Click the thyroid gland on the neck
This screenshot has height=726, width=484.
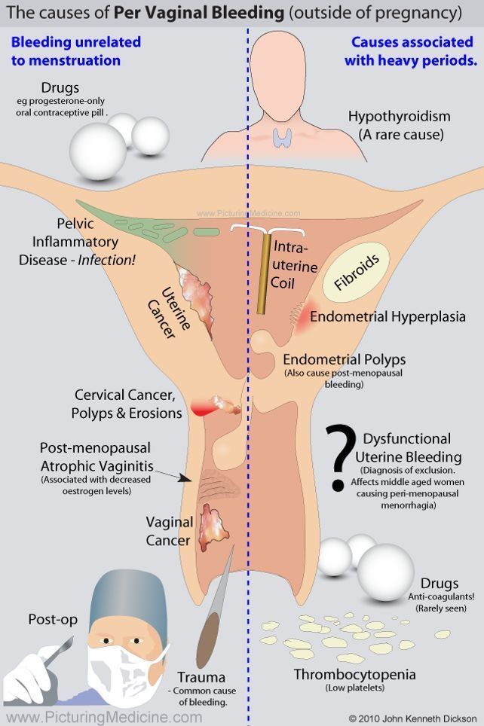click(283, 136)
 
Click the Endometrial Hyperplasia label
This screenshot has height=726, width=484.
click(388, 317)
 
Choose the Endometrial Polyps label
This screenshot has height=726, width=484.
click(345, 359)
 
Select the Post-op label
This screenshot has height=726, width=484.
click(51, 620)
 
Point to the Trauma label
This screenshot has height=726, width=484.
click(201, 677)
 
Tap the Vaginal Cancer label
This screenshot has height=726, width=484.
click(169, 531)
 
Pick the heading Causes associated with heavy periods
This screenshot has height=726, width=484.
click(411, 52)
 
